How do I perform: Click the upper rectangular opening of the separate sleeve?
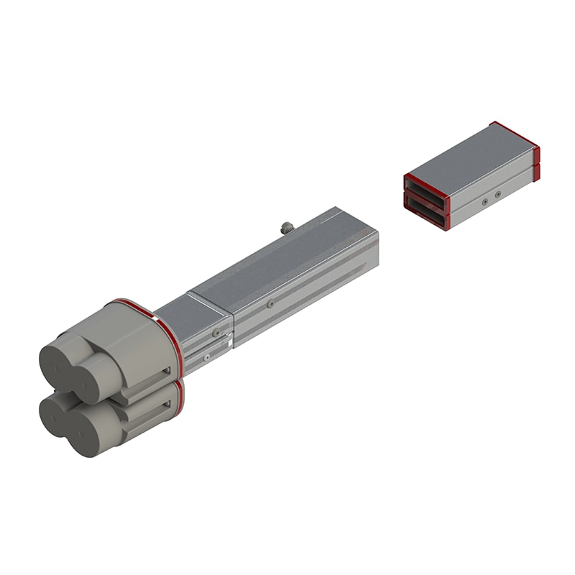click(x=425, y=186)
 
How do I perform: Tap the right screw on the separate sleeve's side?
click(x=498, y=193)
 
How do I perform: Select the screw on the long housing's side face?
click(x=270, y=304)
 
